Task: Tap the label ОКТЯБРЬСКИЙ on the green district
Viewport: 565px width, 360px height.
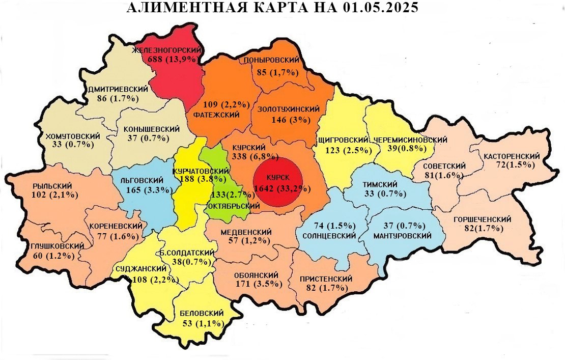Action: pyautogui.click(x=234, y=206)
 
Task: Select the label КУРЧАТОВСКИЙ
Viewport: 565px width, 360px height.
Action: pyautogui.click(x=199, y=171)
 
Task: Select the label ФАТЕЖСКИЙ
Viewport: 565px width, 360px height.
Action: pyautogui.click(x=216, y=115)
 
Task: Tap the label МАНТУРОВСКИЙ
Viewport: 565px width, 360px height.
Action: pyautogui.click(x=402, y=236)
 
